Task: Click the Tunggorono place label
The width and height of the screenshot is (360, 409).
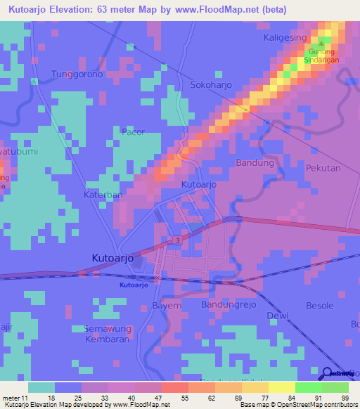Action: coord(77,74)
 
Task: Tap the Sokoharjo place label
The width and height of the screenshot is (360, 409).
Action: coord(212,84)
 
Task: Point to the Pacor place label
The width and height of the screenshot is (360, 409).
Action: coord(133,131)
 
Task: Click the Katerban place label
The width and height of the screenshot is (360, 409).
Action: coord(103,194)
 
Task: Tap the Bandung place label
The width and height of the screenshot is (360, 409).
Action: coord(255,163)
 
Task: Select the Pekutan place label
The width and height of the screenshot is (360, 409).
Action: coord(323,169)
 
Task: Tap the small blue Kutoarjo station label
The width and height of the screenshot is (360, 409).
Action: coord(133,285)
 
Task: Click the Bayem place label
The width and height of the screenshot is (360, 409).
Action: coord(167,306)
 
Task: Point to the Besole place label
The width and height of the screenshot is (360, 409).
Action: coord(320,306)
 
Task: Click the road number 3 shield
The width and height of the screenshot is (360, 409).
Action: coord(178,241)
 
